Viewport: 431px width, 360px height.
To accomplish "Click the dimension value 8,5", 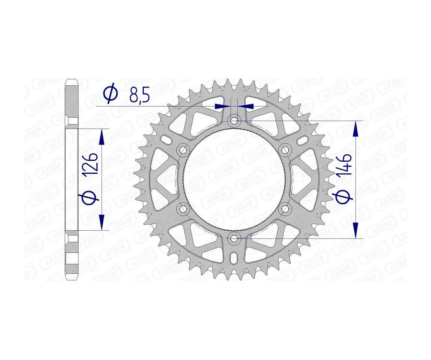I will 139,95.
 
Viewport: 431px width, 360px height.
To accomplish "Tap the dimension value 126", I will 92,163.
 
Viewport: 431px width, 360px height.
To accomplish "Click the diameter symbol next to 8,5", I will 110,94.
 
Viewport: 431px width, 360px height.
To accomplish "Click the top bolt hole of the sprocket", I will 234,121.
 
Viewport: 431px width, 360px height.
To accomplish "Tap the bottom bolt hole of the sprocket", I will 234,238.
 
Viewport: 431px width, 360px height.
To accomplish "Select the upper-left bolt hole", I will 183,150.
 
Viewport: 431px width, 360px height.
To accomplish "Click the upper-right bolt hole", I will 285,150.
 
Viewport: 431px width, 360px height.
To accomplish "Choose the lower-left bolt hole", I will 183,208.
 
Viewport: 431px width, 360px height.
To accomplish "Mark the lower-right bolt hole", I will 285,208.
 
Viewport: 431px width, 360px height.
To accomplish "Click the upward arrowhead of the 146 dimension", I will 355,128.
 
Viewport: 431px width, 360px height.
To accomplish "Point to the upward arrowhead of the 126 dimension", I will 101,137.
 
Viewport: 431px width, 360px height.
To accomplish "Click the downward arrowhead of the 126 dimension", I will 101,221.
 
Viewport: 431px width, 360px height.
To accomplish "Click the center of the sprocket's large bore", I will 234,180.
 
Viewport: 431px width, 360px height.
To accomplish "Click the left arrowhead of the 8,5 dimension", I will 222,106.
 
